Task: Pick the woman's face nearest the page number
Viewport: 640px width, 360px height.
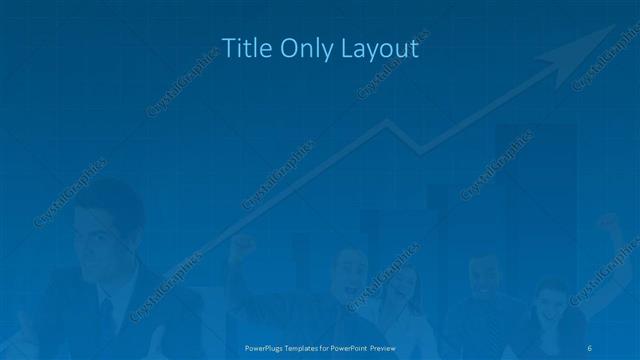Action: coord(551,305)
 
